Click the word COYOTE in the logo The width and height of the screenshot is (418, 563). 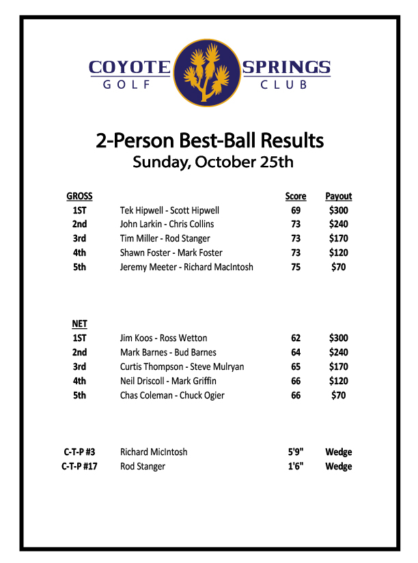coord(129,67)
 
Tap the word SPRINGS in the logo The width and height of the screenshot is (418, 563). coord(286,67)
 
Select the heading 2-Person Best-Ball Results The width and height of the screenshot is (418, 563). coord(210,141)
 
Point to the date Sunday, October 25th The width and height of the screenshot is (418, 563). coord(212,162)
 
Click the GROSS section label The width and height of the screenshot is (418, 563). coord(79,197)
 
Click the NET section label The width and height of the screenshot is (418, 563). coord(79,324)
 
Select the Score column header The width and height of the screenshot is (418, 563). coord(296,197)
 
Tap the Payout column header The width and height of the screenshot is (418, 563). coord(338,197)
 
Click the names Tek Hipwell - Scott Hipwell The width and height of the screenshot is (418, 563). coord(169,211)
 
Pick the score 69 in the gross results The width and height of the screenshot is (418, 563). coord(296,211)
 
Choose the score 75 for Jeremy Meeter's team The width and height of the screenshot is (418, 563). coord(296,268)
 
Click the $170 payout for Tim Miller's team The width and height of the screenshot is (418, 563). coord(338,239)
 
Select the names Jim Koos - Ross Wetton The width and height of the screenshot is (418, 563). coord(163,338)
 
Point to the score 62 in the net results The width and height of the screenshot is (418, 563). coord(296,338)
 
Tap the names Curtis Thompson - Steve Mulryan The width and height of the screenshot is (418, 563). coord(182,367)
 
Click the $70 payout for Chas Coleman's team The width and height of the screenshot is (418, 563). coord(338,396)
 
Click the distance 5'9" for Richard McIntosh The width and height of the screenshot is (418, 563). coord(296,452)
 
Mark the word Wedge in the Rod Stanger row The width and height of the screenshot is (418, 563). coord(338,467)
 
